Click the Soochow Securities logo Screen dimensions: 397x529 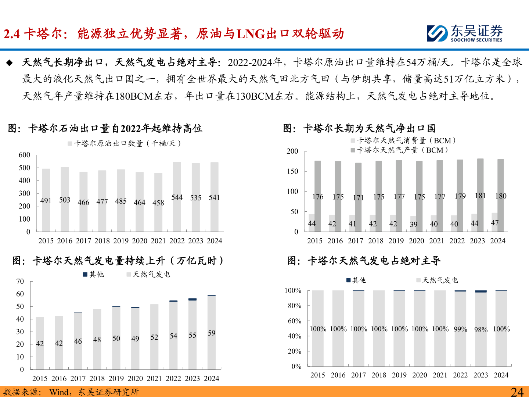click(x=464, y=33)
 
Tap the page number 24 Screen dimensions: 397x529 click(x=517, y=392)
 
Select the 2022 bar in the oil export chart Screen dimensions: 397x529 click(x=177, y=197)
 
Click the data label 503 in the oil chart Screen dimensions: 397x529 click(x=65, y=200)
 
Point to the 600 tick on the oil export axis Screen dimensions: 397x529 click(x=25, y=155)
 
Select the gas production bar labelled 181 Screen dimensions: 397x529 click(x=480, y=195)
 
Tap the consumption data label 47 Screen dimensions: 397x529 click(x=495, y=223)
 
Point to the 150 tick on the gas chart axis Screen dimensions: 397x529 click(x=292, y=171)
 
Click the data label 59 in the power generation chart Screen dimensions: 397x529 click(x=212, y=333)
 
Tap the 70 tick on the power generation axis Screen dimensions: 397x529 click(x=20, y=282)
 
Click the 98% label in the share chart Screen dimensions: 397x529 click(x=481, y=330)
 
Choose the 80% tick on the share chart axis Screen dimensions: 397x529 click(x=295, y=306)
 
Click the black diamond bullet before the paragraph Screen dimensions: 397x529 click(x=10, y=63)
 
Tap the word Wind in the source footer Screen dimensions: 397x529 click(x=59, y=392)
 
